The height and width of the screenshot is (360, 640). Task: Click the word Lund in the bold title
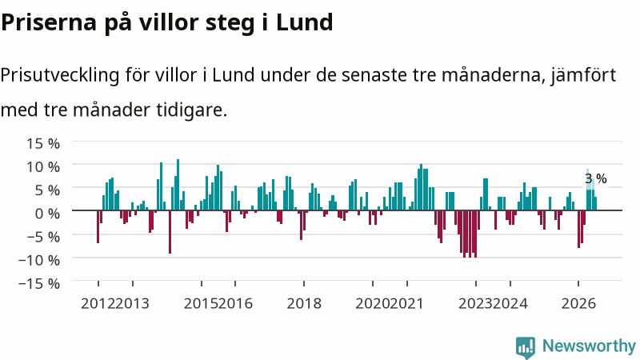(305, 22)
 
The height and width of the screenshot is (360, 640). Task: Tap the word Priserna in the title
(49, 22)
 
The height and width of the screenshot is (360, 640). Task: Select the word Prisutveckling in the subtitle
(60, 76)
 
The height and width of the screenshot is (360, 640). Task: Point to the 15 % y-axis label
(43, 144)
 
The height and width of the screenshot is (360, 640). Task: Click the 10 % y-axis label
(43, 167)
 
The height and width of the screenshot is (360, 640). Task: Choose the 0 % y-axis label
(47, 214)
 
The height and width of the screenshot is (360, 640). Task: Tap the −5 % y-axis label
(39, 237)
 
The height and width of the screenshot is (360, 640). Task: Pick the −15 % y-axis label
(39, 283)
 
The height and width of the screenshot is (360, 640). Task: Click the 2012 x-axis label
(98, 304)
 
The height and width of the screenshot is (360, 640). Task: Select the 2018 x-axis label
(304, 304)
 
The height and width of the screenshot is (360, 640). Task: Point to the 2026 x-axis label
(578, 304)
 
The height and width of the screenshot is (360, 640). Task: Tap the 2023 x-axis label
(475, 304)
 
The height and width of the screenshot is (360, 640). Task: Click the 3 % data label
(596, 178)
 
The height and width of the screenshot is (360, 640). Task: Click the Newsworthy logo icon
(526, 347)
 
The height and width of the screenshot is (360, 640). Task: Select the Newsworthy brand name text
(589, 346)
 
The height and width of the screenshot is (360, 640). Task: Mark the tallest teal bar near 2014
(178, 185)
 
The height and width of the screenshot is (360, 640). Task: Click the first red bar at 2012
(98, 226)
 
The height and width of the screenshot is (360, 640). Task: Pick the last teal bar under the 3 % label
(595, 204)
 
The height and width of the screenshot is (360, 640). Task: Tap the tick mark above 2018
(304, 283)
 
